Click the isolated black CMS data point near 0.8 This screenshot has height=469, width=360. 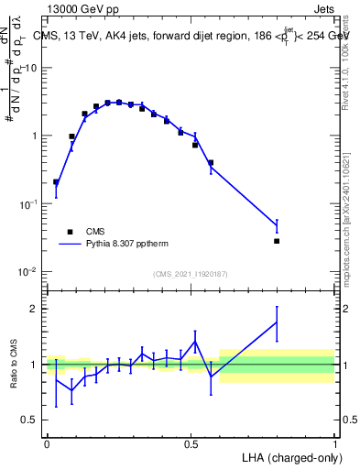pyautogui.click(x=277, y=241)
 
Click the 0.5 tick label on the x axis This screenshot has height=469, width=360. pyautogui.click(x=191, y=443)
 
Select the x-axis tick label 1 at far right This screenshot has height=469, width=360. pyautogui.click(x=334, y=443)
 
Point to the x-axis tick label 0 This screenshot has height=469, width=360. pyautogui.click(x=47, y=443)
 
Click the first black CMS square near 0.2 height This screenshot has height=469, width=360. pyautogui.click(x=56, y=181)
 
